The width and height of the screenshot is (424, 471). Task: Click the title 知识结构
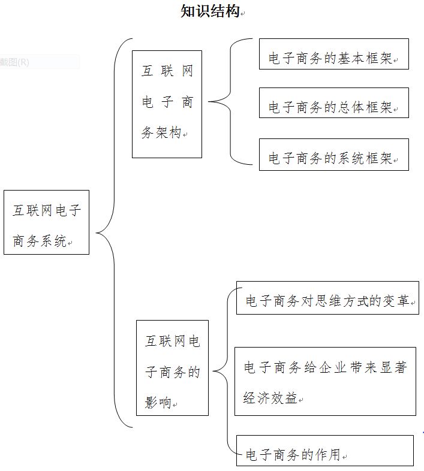tap(210, 11)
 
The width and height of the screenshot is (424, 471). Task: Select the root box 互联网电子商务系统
tap(46, 222)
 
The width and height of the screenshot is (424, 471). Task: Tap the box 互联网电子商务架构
tap(167, 104)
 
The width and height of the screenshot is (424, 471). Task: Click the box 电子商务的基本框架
tap(334, 54)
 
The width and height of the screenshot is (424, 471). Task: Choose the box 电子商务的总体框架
tap(334, 102)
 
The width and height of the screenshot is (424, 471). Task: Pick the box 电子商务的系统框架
tap(334, 155)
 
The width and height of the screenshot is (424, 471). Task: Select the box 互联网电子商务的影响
tap(172, 368)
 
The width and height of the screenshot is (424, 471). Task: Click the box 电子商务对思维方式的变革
tap(327, 298)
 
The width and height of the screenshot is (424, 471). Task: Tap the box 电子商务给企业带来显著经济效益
tap(325, 382)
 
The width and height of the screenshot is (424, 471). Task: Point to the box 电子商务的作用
tap(325, 451)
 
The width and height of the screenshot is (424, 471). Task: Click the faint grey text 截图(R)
tap(14, 62)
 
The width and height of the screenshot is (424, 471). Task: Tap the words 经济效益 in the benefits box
tap(270, 398)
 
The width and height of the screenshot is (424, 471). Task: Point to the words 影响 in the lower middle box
tap(158, 402)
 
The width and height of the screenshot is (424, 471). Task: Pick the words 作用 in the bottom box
tap(327, 454)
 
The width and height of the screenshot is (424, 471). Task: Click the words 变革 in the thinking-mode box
tap(396, 301)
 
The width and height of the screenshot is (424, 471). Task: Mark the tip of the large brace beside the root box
tap(96, 233)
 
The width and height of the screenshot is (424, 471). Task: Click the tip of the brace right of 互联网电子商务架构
tap(209, 101)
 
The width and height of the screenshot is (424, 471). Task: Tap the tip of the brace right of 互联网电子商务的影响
tap(213, 371)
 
